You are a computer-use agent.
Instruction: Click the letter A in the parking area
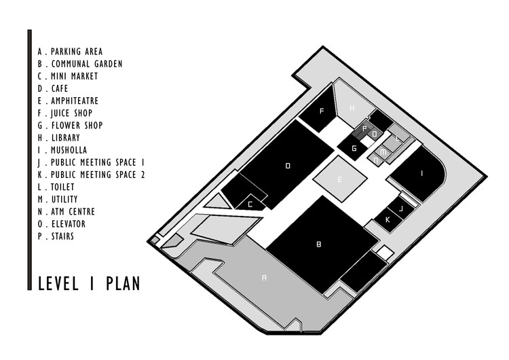pos(265,277)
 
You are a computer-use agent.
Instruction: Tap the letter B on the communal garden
pos(318,243)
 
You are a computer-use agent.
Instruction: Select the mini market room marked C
pos(250,203)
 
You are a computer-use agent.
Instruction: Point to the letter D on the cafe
pos(288,165)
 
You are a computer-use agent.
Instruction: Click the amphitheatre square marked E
pos(340,179)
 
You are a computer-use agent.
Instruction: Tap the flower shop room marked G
pos(354,147)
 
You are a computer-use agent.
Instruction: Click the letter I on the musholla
pos(422,173)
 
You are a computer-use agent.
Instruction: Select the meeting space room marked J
pos(400,209)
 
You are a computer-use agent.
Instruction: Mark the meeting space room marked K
pos(388,219)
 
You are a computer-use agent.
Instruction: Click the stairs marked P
pos(364,128)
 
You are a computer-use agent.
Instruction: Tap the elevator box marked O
pos(375,134)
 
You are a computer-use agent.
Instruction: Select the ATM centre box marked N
pos(377,160)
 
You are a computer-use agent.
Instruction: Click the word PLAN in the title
pos(122,283)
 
